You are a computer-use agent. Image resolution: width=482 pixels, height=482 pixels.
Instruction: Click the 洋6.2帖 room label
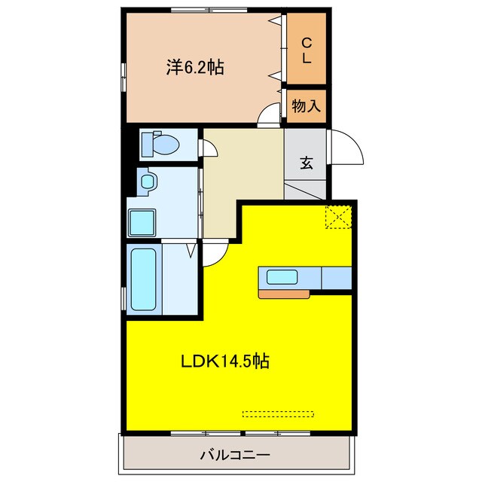194,67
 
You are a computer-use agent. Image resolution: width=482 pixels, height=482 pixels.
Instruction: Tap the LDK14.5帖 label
224,361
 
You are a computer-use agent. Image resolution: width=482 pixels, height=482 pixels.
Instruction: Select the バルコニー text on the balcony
234,455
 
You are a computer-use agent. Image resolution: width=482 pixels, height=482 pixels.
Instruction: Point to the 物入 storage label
307,106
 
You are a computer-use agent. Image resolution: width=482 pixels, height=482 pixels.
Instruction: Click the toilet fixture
160,143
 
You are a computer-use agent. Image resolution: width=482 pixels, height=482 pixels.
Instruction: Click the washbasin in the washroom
147,182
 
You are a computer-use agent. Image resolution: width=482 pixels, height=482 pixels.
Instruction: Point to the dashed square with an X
339,217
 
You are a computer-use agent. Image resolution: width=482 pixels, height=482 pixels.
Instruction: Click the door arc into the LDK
213,255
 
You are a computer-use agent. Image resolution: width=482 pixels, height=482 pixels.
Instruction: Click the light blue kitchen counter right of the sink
337,278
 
